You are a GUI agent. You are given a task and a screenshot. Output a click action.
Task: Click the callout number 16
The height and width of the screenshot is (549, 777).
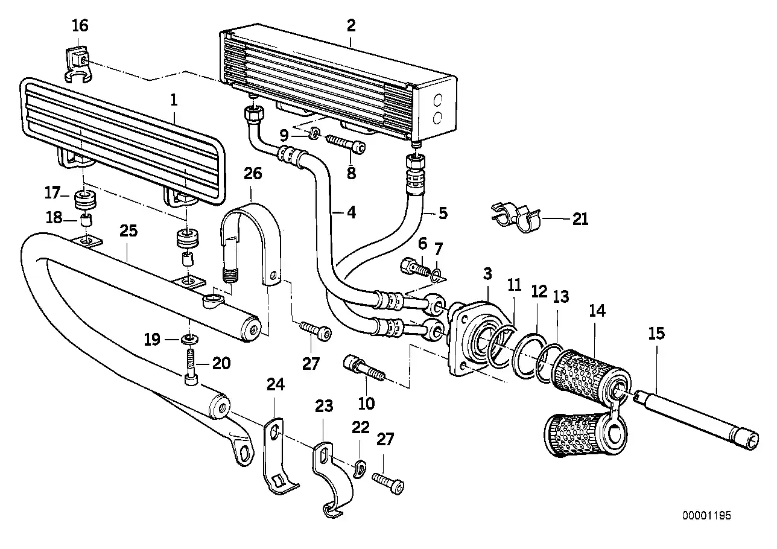(x=80, y=25)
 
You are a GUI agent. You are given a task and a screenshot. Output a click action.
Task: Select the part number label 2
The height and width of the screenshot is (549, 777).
(x=351, y=25)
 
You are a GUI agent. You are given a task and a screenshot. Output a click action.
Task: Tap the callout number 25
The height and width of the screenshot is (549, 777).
(x=128, y=230)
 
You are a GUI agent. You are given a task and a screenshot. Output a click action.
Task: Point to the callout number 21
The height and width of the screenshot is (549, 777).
(x=580, y=220)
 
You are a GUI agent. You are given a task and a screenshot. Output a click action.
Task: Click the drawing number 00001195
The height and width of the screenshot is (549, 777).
(x=706, y=516)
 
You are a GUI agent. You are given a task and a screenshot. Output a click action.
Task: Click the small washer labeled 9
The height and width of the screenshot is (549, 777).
(x=314, y=133)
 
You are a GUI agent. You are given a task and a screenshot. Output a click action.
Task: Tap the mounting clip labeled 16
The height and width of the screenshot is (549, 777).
(x=77, y=62)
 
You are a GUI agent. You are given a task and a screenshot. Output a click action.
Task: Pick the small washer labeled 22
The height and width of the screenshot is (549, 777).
(x=360, y=468)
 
